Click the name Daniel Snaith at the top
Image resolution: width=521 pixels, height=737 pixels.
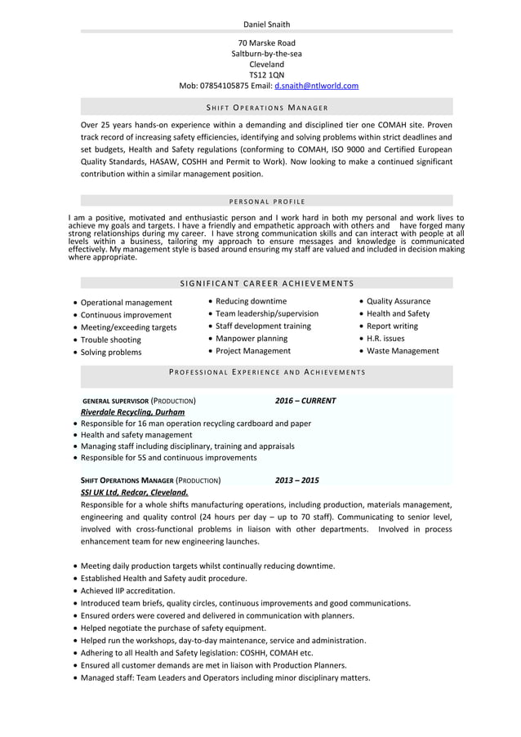coord(266,24)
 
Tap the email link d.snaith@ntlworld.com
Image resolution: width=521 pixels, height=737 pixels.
coord(316,86)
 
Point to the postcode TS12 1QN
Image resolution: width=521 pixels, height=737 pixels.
coord(266,74)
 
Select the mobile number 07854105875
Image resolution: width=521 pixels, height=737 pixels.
coord(225,86)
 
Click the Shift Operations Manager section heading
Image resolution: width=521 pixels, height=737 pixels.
coord(266,108)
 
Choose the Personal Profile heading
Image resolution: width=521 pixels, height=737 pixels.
coord(266,201)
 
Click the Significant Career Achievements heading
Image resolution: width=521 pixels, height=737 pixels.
coord(266,283)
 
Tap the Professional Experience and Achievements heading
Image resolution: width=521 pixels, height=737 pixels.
coord(266,372)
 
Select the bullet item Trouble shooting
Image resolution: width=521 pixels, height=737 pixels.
coord(110,340)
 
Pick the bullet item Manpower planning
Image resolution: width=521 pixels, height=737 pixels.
coord(251,338)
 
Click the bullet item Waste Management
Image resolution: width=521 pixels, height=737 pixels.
coord(402,351)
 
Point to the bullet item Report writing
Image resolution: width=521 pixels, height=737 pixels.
coord(391,326)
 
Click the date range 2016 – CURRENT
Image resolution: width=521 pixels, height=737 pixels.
coord(305,401)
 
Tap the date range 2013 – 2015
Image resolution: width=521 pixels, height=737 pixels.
coord(296,481)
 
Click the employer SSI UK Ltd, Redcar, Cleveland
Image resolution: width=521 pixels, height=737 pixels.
coord(134,492)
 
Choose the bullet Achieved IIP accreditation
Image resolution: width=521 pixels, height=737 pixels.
coord(127,590)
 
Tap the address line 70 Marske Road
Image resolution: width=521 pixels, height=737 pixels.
coord(266,42)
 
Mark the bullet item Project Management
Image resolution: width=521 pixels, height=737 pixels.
coord(252,351)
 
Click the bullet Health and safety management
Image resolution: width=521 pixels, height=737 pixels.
coord(136,435)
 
